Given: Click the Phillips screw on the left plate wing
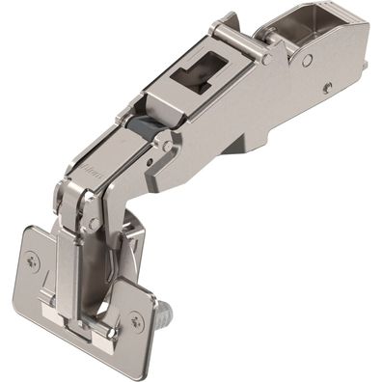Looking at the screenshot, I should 36,258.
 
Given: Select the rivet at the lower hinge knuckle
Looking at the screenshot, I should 93,223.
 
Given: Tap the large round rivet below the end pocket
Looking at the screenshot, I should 306,61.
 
